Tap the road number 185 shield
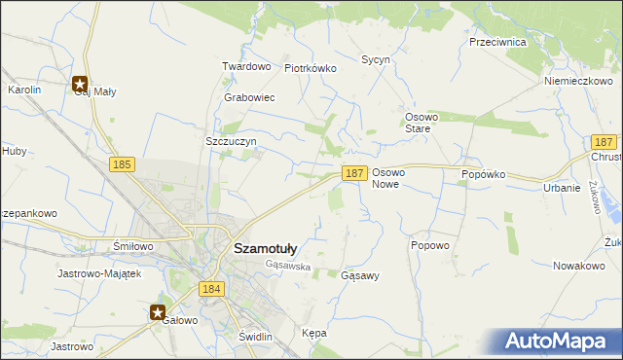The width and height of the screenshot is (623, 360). pos(122,165)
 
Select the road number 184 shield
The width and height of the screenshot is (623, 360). pos(211,289)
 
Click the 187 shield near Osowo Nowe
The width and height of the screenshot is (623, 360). pos(354,172)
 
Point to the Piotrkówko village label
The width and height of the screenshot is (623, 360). pos(310,69)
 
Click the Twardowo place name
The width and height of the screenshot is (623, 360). pos(245,66)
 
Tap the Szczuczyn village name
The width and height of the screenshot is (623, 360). pos(231,141)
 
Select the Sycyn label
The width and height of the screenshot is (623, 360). pos(376,59)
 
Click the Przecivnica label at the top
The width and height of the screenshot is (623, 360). pos(497,43)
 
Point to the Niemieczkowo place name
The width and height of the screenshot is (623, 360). pos(577,82)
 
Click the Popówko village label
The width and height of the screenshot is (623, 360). pos(484,174)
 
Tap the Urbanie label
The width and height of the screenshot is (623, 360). pos(562,188)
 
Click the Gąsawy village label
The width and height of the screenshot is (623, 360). pos(360,275)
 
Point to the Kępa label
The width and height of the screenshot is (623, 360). pos(314,333)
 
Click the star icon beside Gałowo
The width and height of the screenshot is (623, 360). pos(158,312)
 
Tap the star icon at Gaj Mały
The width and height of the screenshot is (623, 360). pos(80,84)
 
